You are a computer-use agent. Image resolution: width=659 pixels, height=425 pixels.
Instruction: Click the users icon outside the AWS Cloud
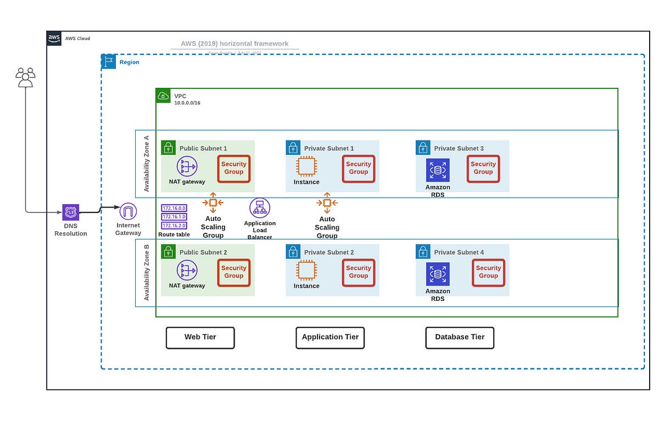(25, 77)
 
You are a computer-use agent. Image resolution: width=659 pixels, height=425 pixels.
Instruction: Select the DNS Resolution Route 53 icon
(71, 211)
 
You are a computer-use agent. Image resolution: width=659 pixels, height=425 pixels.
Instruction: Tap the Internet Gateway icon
(128, 211)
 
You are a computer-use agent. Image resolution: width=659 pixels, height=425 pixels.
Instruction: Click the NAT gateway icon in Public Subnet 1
(187, 166)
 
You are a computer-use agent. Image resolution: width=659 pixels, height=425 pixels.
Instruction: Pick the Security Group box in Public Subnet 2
(234, 272)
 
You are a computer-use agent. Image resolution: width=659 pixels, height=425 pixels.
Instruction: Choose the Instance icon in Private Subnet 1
(306, 166)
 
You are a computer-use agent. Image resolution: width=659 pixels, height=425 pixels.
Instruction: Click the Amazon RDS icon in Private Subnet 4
(438, 274)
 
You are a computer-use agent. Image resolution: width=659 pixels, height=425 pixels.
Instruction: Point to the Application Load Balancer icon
(260, 208)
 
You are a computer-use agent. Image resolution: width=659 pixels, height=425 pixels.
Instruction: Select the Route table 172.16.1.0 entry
(174, 216)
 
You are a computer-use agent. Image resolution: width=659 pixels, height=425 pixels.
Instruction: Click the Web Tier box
(200, 337)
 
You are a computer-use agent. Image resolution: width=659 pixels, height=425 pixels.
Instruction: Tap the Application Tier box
(330, 337)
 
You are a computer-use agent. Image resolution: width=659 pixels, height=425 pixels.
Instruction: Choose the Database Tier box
(460, 337)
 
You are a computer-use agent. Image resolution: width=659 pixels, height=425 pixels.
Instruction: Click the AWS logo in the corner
(54, 38)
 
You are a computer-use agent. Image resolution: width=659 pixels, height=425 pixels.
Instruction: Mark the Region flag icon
(109, 61)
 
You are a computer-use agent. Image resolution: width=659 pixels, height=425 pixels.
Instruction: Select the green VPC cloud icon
(163, 96)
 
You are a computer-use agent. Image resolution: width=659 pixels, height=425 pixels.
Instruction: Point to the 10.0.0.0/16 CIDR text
(187, 103)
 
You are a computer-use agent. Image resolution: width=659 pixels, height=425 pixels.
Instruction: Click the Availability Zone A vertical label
(147, 164)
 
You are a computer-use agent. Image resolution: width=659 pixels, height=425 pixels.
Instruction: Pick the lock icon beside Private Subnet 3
(423, 148)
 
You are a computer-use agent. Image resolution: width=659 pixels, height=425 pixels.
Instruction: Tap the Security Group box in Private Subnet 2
(359, 272)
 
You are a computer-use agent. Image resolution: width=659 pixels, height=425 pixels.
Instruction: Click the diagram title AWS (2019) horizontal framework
(234, 43)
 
